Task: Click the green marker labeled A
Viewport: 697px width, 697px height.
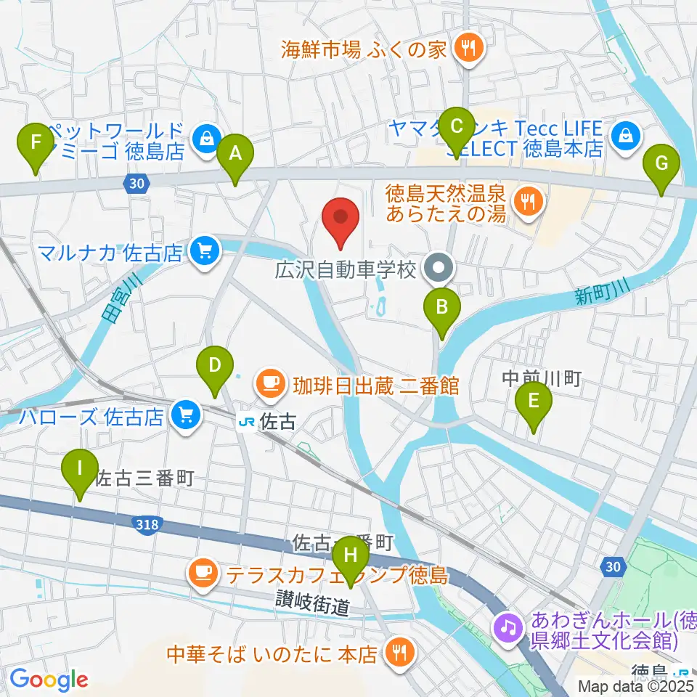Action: click(234, 154)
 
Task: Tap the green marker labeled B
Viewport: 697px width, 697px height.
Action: click(441, 306)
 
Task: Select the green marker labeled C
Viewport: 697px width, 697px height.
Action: click(456, 126)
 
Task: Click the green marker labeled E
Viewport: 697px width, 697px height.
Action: click(533, 401)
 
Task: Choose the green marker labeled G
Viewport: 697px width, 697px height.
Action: click(661, 163)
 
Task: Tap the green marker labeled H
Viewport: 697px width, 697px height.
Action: click(351, 556)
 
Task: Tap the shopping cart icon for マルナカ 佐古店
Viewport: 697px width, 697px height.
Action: click(205, 252)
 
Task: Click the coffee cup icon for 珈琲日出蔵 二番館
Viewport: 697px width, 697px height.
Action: click(272, 384)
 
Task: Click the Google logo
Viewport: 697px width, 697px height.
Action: click(49, 678)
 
